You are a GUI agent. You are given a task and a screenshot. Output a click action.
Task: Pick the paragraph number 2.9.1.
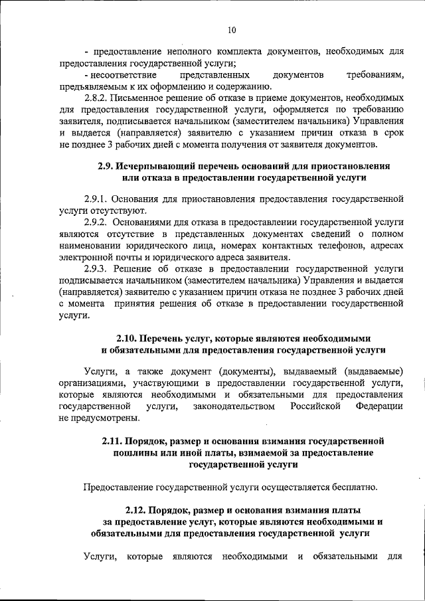(96, 199)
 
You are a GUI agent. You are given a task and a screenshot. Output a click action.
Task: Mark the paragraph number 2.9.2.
(96, 222)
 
